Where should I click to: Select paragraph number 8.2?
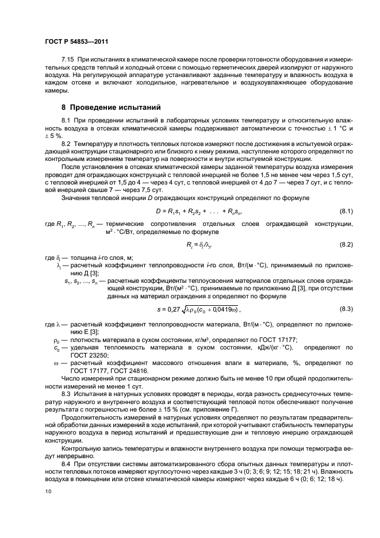point(66,143)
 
